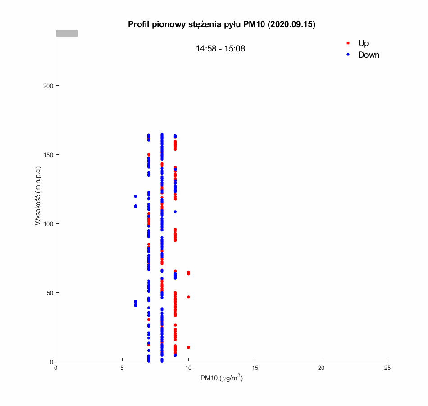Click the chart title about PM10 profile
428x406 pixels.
point(221,24)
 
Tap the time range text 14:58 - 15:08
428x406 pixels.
point(220,49)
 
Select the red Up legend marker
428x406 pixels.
point(348,43)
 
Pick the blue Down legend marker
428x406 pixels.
point(348,55)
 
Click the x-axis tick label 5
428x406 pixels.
point(122,368)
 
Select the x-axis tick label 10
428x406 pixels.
point(188,368)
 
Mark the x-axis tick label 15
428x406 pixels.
point(255,368)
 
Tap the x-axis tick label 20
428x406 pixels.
point(321,368)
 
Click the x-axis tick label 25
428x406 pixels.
point(387,368)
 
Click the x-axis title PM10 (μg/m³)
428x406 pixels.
point(221,378)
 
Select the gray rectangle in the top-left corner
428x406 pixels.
point(67,33)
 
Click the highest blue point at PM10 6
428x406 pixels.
point(135,196)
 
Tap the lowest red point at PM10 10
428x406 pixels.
point(188,347)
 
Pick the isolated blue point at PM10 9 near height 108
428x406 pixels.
point(175,212)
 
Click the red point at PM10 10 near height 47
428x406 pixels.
point(188,297)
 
